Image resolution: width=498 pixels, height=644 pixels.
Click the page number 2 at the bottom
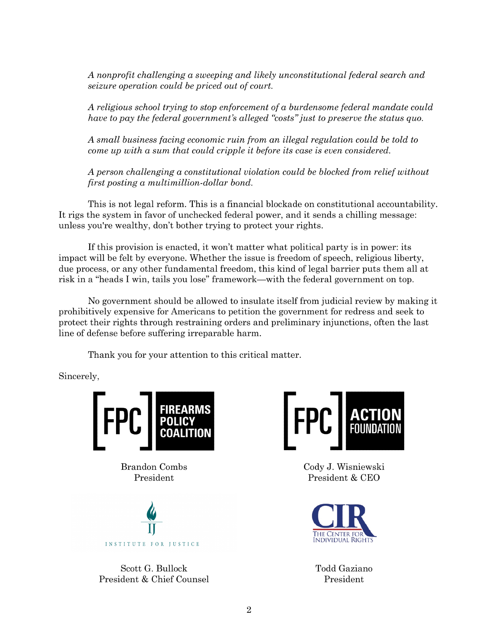[249, 610]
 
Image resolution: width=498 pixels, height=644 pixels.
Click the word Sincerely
[79, 376]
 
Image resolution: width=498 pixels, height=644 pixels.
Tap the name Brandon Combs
[154, 467]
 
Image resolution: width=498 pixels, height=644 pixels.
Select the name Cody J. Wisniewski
[344, 467]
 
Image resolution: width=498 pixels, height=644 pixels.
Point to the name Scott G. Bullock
[154, 568]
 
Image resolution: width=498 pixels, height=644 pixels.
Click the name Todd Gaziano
[344, 568]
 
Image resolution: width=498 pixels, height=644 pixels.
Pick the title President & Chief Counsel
[154, 579]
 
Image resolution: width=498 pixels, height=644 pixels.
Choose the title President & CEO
[344, 478]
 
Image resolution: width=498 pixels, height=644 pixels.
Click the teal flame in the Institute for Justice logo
[151, 511]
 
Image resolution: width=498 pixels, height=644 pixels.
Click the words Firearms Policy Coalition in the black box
[185, 421]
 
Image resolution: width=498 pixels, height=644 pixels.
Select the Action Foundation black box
[375, 421]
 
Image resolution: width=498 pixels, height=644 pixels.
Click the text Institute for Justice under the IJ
[152, 544]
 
